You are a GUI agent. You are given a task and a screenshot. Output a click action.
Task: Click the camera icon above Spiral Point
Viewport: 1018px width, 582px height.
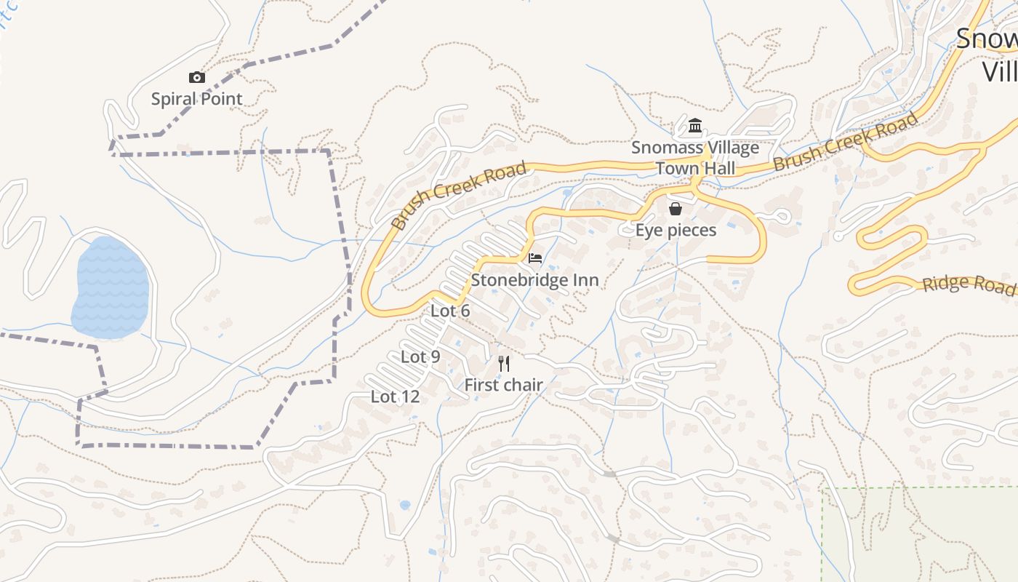click(196, 78)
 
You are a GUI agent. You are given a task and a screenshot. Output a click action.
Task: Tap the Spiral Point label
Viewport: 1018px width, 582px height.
click(196, 99)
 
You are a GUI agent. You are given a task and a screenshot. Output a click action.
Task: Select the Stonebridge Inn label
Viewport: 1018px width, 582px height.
click(534, 280)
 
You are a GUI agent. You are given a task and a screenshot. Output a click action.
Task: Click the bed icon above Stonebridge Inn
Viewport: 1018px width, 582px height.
click(535, 258)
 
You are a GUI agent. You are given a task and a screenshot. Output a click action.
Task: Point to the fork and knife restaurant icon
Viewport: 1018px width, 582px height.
click(504, 363)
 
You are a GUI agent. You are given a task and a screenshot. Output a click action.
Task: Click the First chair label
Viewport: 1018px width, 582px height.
click(503, 385)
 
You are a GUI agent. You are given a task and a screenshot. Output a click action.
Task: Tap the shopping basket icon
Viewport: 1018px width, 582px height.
click(676, 210)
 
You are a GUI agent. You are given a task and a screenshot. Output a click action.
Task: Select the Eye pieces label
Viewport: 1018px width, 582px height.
click(676, 231)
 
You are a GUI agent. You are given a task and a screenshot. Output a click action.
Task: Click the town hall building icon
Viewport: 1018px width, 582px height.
click(694, 126)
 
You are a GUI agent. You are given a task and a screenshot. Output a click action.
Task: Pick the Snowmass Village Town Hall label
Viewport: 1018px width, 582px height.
click(695, 158)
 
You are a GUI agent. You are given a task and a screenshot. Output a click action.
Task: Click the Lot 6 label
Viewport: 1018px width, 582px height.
click(450, 311)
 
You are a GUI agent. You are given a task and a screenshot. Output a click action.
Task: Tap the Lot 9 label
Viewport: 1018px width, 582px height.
click(420, 357)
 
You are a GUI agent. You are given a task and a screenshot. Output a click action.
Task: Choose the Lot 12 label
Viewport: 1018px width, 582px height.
click(395, 397)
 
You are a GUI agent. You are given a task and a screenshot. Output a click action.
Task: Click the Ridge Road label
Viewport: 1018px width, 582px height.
click(968, 284)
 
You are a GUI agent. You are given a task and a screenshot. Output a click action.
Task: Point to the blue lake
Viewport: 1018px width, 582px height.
click(111, 287)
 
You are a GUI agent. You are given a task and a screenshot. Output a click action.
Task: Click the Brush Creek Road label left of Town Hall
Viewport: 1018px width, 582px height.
click(459, 196)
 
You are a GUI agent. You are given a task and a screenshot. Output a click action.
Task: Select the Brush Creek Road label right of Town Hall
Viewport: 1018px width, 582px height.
click(845, 143)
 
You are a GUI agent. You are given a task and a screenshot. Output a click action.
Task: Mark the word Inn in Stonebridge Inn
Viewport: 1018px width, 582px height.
click(585, 280)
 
